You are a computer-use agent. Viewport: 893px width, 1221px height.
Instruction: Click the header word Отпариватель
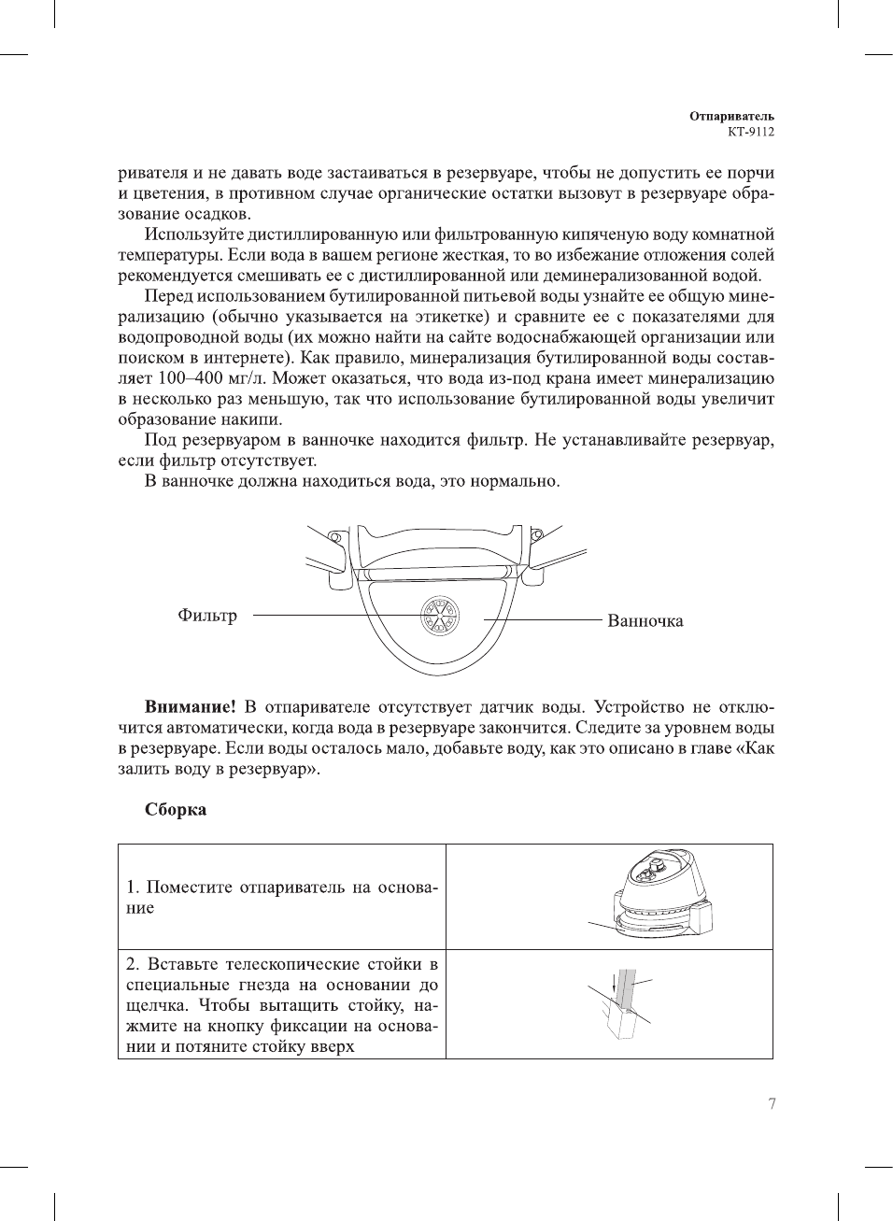pyautogui.click(x=731, y=117)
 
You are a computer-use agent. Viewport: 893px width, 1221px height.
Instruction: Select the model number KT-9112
pyautogui.click(x=751, y=132)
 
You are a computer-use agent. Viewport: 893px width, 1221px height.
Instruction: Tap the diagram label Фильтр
pyautogui.click(x=207, y=616)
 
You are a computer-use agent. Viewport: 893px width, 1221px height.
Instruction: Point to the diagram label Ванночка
pyautogui.click(x=645, y=621)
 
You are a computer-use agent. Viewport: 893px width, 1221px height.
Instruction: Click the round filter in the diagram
pyautogui.click(x=438, y=616)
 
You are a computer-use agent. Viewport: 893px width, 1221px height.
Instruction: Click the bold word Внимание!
pyautogui.click(x=190, y=707)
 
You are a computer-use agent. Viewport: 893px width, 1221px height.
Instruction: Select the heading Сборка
pyautogui.click(x=176, y=810)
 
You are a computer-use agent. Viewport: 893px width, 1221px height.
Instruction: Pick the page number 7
pyautogui.click(x=772, y=1104)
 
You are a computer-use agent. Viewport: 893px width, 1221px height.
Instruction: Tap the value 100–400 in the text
pyautogui.click(x=185, y=378)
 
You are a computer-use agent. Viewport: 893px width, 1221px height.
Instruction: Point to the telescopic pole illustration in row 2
pyautogui.click(x=624, y=1004)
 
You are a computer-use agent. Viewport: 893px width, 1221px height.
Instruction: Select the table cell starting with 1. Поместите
pyautogui.click(x=282, y=897)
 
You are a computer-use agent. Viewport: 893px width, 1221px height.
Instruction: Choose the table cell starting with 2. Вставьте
pyautogui.click(x=282, y=1004)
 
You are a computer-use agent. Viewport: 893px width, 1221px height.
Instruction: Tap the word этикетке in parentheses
pyautogui.click(x=451, y=317)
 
